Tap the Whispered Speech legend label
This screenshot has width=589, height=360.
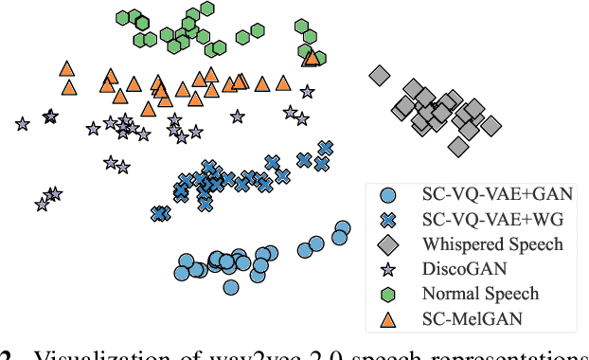tap(492, 244)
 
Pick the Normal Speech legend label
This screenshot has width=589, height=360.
tap(480, 294)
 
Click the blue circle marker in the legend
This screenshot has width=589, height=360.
tap(386, 196)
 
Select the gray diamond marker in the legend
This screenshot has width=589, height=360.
tap(386, 245)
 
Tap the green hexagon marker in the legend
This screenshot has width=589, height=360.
tap(386, 295)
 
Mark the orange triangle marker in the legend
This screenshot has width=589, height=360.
tap(386, 319)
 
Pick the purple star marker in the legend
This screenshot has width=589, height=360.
tap(386, 270)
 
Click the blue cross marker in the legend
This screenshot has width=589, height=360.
tap(386, 221)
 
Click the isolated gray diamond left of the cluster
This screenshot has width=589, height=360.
tap(380, 75)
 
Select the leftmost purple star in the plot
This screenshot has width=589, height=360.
tap(22, 123)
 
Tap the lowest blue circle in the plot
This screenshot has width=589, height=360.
tap(230, 286)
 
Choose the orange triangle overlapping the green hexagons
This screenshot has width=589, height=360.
tap(311, 59)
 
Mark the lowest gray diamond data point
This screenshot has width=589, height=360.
tap(458, 147)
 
